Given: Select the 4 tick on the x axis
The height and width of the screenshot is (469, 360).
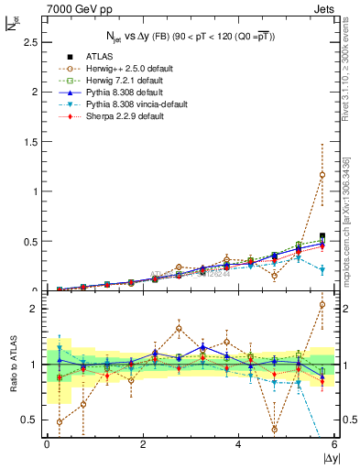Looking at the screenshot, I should (239, 445).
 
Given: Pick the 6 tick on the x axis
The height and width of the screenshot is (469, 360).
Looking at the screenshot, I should (335, 445).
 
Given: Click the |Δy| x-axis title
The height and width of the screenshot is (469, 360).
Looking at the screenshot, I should (328, 458).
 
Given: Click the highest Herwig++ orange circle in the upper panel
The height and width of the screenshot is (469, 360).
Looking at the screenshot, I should (322, 175).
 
